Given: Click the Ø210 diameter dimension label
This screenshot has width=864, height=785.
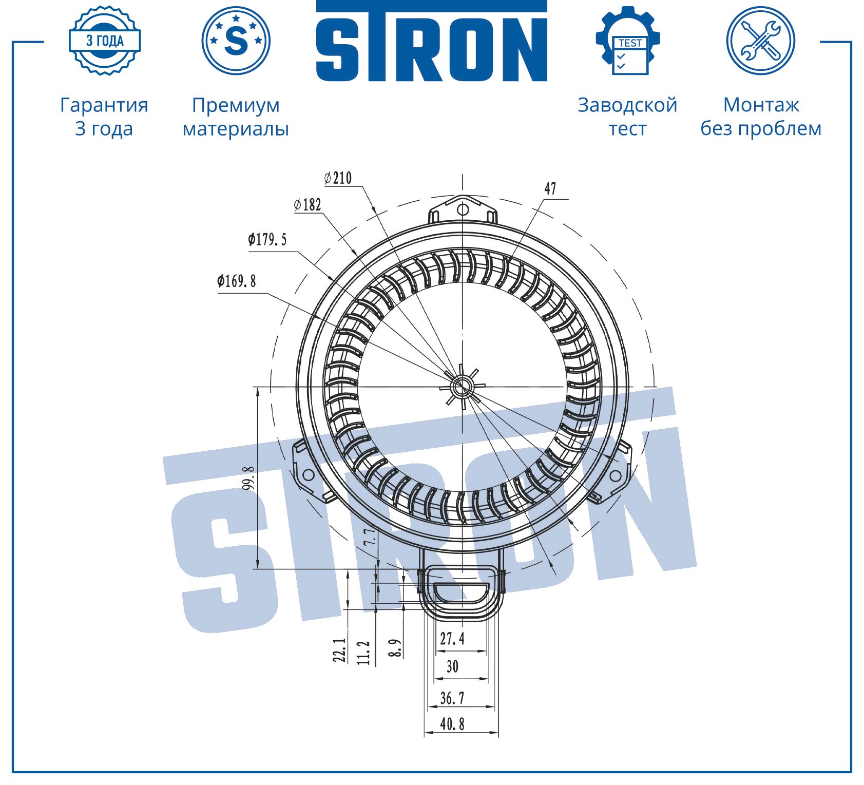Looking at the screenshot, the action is [338, 178].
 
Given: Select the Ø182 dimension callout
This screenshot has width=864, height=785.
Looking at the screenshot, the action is [308, 205].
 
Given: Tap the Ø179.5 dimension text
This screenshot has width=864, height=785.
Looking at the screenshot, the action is [267, 239].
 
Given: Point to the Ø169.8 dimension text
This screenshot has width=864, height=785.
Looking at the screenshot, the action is [236, 281].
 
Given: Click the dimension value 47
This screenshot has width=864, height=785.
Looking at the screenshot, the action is [550, 188].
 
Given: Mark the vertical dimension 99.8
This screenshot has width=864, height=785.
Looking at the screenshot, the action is [248, 477].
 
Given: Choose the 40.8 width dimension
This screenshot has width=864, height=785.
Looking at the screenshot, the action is [452, 724].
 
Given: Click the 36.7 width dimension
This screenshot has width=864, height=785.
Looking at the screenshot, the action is [452, 698].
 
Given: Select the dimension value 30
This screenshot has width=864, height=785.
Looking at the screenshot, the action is [452, 666].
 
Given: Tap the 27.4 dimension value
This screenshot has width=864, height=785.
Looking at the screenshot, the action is [452, 638].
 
